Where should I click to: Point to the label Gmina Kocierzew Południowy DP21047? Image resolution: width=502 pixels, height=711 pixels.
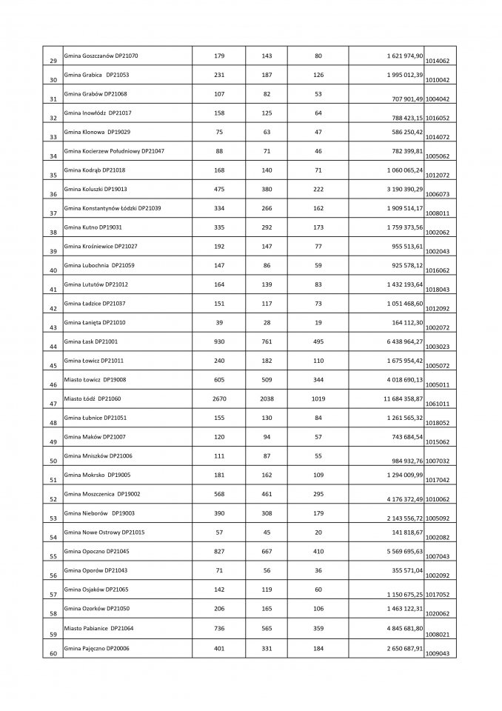click(115, 151)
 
